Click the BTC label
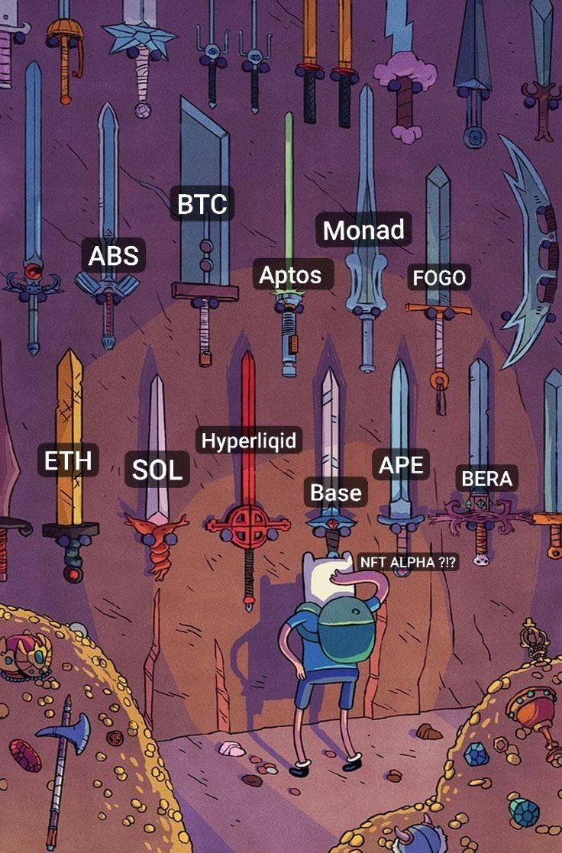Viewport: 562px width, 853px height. [x=202, y=205]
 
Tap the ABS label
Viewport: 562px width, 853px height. [x=114, y=256]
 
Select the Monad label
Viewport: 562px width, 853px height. [x=363, y=230]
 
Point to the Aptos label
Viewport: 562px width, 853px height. [x=290, y=276]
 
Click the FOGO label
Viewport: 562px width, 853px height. [x=439, y=278]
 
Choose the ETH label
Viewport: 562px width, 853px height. [x=68, y=461]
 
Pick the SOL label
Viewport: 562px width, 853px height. [x=157, y=470]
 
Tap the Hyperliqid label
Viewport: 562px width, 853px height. [x=249, y=441]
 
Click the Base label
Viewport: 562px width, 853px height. [x=336, y=493]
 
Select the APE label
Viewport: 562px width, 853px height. [x=401, y=464]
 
